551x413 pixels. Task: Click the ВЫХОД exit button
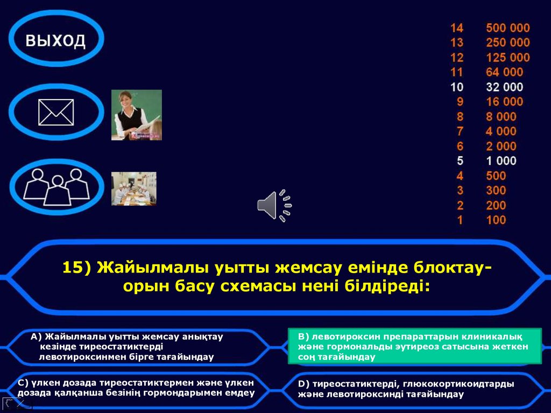point(56,40)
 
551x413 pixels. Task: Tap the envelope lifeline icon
point(56,112)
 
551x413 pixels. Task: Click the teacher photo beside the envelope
point(136,115)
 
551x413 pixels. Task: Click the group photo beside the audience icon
point(133,188)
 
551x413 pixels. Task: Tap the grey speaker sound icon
point(274,205)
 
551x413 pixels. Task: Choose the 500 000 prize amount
point(507,28)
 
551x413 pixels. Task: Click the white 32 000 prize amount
point(504,87)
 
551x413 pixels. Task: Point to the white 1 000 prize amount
point(500,161)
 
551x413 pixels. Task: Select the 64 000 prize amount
point(504,72)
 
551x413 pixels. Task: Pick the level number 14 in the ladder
point(457,28)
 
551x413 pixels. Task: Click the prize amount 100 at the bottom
point(496,220)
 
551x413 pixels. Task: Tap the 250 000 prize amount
point(507,43)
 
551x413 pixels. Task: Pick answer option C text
point(136,388)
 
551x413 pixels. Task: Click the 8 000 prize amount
point(500,117)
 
